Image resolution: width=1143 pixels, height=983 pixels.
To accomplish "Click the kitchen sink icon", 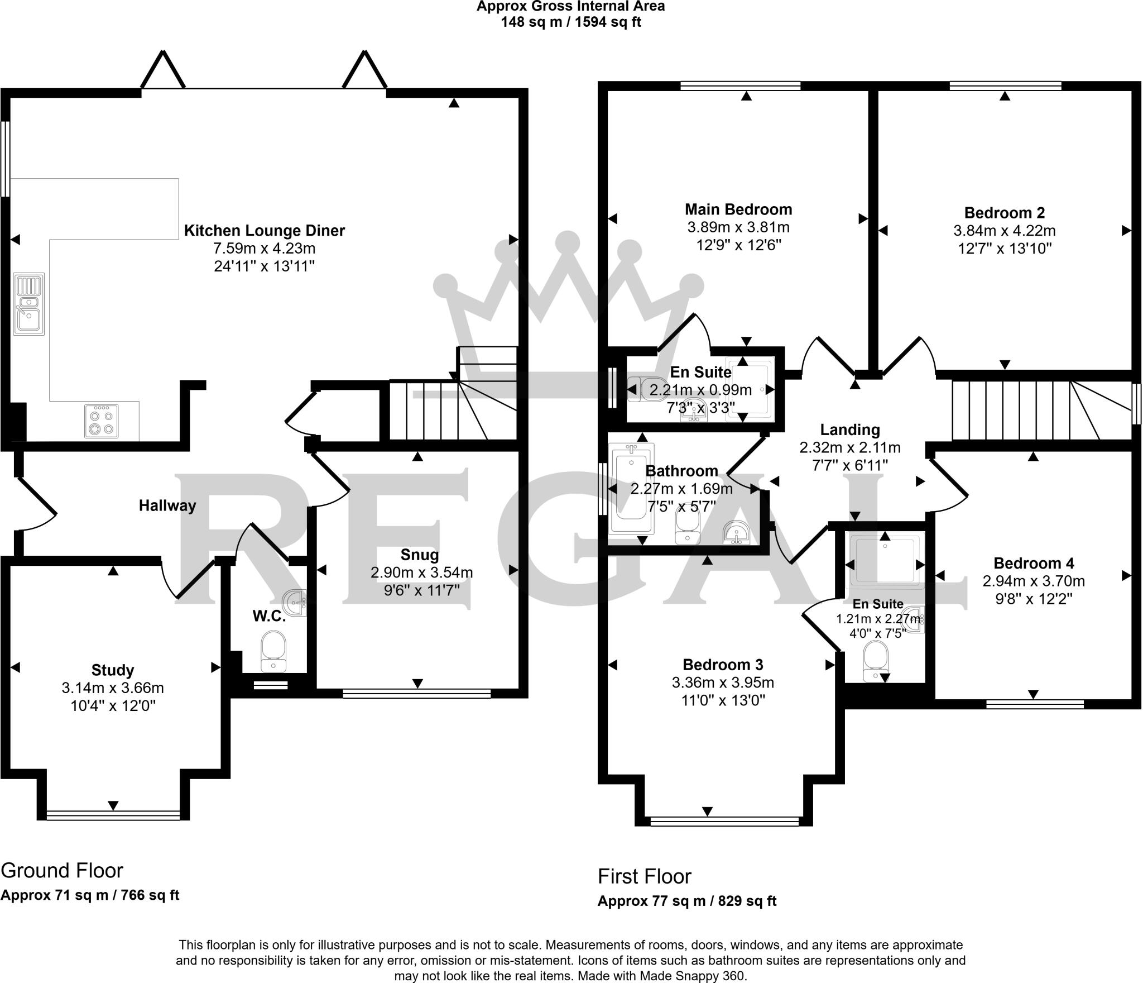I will tap(28, 304).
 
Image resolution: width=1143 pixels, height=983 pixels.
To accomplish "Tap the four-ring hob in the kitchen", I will tap(102, 421).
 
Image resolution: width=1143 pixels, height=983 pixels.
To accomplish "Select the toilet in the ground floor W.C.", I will tap(273, 651).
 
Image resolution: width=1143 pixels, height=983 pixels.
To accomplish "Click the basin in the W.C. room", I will tap(296, 603).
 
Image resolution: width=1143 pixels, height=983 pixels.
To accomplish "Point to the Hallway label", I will tap(167, 506).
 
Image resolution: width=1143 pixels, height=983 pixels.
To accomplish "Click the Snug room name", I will tap(420, 555).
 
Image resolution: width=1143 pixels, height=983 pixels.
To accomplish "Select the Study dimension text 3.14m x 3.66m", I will tap(113, 688).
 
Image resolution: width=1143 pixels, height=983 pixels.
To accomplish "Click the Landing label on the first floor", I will tap(849, 430).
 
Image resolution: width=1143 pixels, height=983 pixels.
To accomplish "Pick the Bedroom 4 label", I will tap(1033, 563).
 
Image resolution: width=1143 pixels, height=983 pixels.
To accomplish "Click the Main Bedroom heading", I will tap(738, 209).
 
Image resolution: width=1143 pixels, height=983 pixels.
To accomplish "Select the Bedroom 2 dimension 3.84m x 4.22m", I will tap(1004, 231).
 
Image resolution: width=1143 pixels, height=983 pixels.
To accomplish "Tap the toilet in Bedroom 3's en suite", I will tap(875, 661).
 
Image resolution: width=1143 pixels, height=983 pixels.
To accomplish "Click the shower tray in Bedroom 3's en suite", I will tap(885, 561).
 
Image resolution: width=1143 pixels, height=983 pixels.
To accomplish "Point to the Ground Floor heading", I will tap(62, 871).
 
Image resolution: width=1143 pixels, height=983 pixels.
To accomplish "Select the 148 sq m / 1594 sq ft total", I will tap(570, 22).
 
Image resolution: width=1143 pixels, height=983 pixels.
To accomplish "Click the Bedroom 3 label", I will tap(722, 665).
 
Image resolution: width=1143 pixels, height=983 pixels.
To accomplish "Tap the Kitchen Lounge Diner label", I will tap(265, 230).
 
